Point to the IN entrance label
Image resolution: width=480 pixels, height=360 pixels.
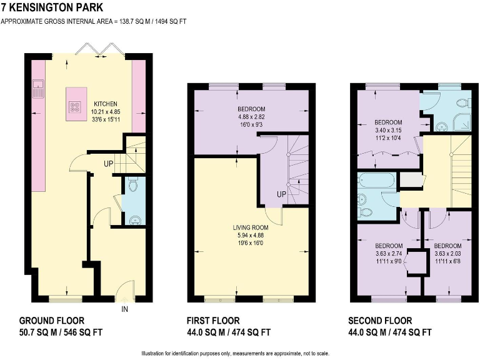point(124,309)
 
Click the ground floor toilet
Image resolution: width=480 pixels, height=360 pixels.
point(131,185)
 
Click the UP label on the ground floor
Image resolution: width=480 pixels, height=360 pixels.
point(109,165)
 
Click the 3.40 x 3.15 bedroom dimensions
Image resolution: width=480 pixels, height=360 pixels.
point(388,129)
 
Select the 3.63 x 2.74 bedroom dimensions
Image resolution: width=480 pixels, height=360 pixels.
point(387,254)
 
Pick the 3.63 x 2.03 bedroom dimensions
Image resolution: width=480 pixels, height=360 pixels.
point(447,254)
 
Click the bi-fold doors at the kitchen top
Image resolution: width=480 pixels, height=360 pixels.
point(95,49)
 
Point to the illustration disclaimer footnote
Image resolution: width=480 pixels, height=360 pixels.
point(240,353)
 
